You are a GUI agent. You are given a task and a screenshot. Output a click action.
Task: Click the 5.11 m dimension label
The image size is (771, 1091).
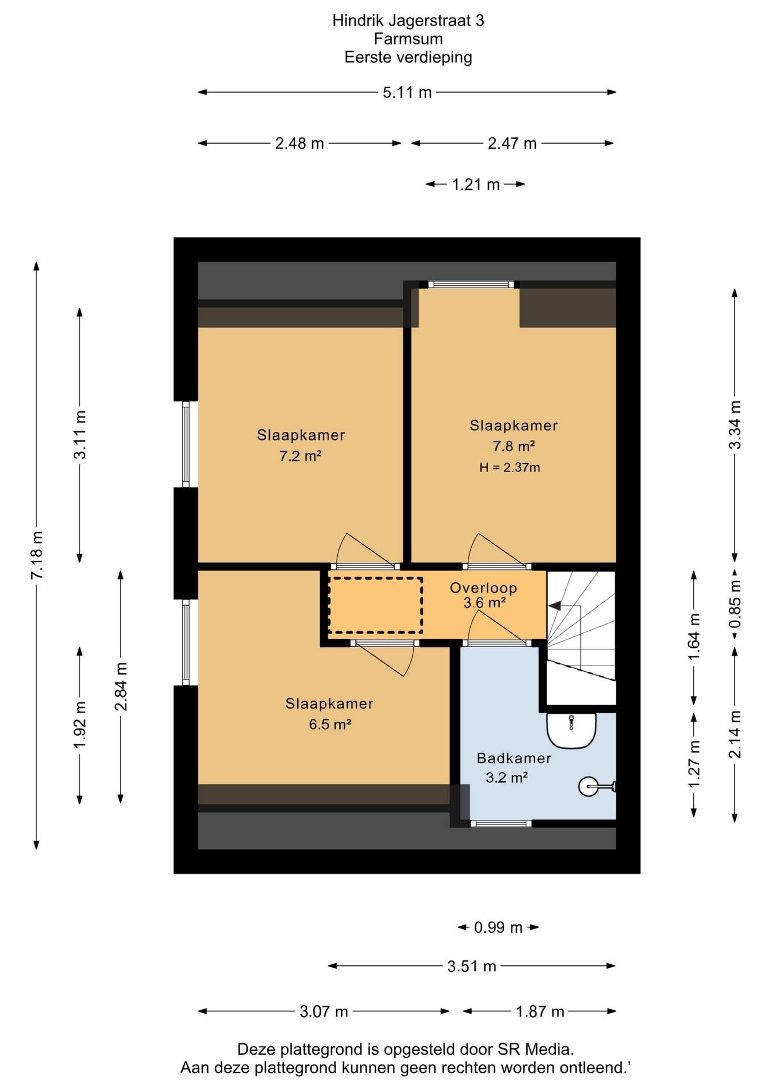tap(407, 92)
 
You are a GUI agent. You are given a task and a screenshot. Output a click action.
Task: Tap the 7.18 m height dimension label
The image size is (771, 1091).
tap(37, 555)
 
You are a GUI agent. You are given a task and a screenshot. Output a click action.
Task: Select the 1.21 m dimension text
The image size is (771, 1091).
tap(476, 185)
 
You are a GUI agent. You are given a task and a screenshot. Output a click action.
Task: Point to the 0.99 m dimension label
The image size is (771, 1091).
tap(498, 927)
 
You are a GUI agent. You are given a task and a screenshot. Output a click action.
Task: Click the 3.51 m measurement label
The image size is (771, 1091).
tap(472, 966)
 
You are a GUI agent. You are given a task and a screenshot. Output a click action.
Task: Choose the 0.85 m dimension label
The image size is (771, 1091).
tap(735, 603)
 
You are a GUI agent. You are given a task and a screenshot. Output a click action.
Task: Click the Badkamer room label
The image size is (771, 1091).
tap(514, 758)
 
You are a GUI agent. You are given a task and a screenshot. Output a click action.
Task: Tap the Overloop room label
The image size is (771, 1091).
tap(483, 588)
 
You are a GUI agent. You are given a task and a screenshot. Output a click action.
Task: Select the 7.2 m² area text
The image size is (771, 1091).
tap(300, 456)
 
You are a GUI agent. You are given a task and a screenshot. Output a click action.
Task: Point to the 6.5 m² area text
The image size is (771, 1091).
tap(330, 724)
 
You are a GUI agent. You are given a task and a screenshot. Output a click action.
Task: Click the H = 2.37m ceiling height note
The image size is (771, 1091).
tap(509, 468)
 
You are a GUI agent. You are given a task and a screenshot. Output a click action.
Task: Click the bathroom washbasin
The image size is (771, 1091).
tap(571, 731)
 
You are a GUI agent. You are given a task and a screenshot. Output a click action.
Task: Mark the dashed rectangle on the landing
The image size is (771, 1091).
tap(376, 605)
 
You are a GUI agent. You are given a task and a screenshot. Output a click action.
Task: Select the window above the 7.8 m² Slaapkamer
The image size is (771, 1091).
tap(471, 285)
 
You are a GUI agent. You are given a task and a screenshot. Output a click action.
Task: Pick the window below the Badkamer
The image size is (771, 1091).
tap(501, 823)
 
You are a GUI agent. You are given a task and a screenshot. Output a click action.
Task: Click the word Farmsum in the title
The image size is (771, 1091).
tap(408, 39)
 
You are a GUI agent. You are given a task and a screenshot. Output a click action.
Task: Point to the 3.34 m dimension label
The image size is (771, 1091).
tap(735, 425)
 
